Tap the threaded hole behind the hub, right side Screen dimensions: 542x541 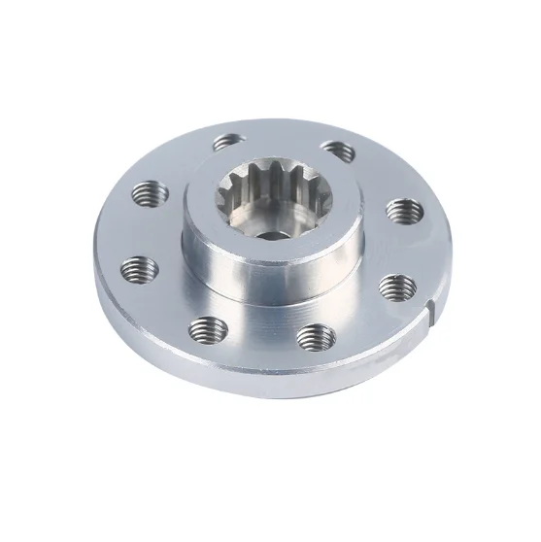[337, 148]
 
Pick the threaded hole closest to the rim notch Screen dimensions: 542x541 [395, 285]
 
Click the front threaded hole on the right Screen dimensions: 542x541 [316, 336]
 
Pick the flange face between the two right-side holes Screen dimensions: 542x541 [408, 248]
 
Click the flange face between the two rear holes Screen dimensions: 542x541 [282, 136]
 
